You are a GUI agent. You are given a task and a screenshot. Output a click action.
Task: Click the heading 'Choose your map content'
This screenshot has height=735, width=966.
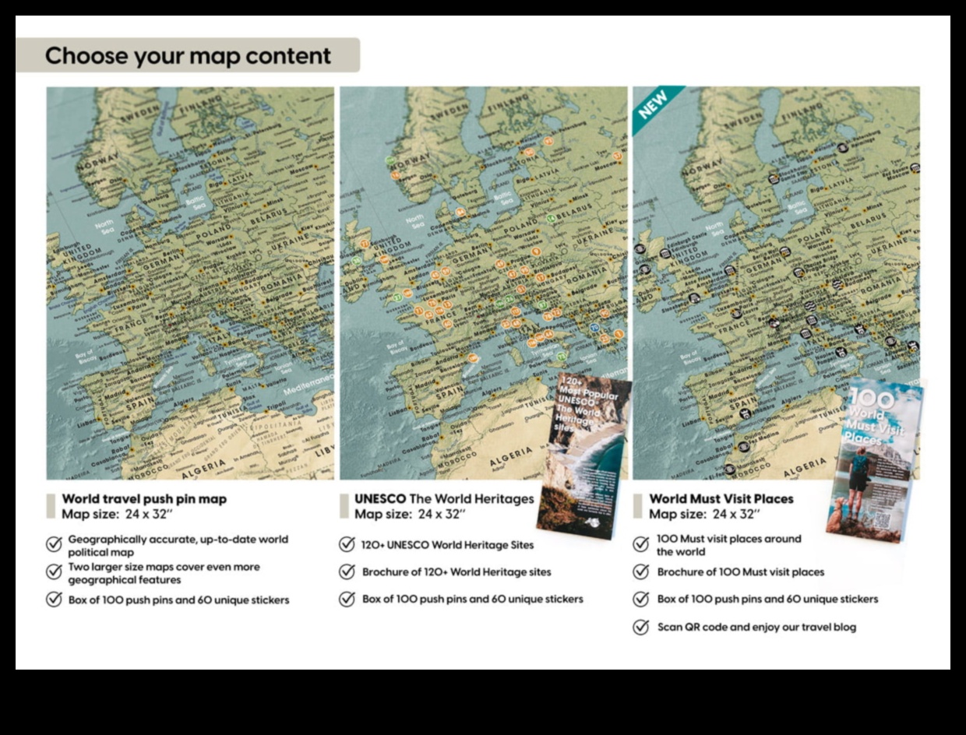tap(188, 56)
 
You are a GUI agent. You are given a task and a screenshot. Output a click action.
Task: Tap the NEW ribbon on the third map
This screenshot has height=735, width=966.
tap(654, 105)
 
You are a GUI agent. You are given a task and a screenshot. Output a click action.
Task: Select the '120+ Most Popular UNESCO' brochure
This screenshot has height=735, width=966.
tap(583, 455)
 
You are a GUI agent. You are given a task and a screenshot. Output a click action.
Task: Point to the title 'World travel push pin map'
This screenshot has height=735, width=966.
tap(144, 499)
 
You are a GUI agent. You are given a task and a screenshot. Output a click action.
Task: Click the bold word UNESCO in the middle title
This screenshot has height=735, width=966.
tap(380, 498)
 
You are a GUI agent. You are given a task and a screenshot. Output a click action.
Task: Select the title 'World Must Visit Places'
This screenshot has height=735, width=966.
tap(721, 499)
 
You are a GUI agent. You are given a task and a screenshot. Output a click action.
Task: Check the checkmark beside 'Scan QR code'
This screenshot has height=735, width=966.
tap(641, 628)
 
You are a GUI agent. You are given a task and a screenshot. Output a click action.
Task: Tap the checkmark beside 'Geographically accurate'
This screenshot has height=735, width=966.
tap(54, 544)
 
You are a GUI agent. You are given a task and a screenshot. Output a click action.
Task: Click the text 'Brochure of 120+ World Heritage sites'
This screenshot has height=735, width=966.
tap(456, 572)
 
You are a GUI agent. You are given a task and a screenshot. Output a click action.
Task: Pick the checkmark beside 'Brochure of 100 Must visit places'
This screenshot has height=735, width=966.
tap(641, 572)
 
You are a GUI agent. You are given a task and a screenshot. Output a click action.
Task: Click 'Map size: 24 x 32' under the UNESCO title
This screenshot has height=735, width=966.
tap(411, 514)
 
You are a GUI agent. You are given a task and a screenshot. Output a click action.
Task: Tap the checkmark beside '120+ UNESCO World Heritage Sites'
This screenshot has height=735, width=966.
tap(347, 544)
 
